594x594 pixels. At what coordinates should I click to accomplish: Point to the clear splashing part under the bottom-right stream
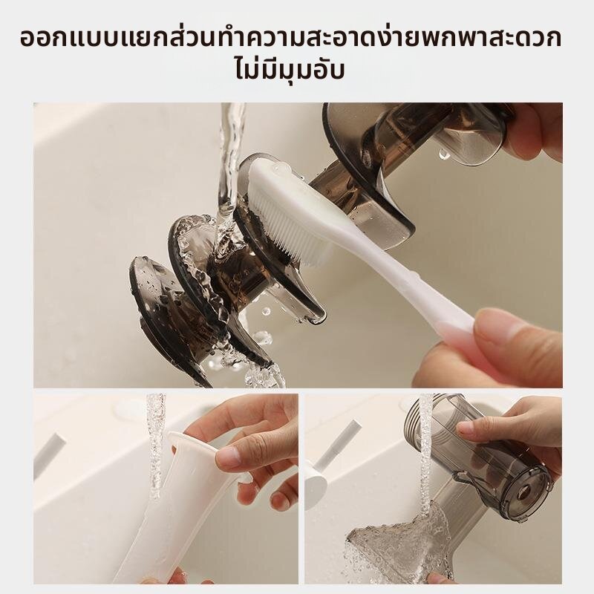click(398, 538)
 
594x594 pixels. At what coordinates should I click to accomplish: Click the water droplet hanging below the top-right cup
click(444, 154)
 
